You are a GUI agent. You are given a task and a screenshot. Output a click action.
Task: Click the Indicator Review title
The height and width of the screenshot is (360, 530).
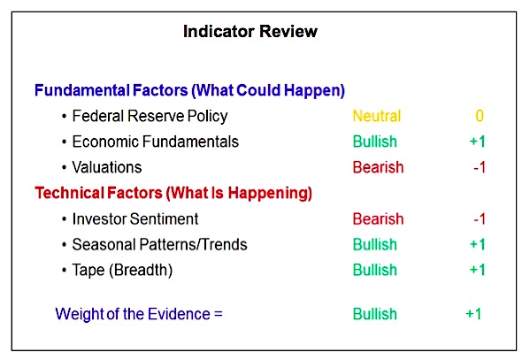pos(250,32)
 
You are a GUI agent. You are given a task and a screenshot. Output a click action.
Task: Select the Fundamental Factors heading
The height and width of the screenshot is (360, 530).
pos(189,90)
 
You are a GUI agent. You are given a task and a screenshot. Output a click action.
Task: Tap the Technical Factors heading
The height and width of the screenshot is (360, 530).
pos(173,193)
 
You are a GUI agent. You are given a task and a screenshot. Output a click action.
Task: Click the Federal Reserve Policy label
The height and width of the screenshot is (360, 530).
pos(150,116)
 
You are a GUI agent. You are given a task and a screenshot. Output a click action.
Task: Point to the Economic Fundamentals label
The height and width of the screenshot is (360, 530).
pos(156,142)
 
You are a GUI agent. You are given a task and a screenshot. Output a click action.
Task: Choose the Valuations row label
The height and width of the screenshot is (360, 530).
pos(107,167)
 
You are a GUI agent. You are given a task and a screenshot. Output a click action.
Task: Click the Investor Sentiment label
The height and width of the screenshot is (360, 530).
pos(135,218)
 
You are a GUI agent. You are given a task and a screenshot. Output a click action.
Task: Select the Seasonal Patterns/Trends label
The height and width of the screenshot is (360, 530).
pos(159,244)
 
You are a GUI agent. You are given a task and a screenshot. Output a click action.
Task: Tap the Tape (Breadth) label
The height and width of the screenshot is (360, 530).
pos(122,270)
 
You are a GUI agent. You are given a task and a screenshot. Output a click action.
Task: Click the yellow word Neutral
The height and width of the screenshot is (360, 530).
pos(377,116)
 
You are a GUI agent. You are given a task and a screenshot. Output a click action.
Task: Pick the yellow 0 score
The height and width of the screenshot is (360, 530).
pos(480,116)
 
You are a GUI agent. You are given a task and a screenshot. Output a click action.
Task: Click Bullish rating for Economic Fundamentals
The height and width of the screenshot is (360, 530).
pos(375,142)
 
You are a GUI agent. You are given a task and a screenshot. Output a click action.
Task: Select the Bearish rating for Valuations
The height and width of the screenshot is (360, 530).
pos(378,167)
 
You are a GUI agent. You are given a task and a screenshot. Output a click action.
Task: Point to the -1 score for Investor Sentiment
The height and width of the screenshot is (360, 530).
pos(480,219)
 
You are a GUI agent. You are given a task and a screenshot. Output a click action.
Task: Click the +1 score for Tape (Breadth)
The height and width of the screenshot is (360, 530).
pos(478,270)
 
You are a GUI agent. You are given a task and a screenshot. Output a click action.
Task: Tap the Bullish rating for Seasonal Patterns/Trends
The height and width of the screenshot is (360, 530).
pos(375,244)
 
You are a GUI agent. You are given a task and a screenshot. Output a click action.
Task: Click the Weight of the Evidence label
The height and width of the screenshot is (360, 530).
pos(139,314)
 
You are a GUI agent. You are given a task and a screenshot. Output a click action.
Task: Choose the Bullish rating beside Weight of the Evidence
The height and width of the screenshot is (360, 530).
pos(375,314)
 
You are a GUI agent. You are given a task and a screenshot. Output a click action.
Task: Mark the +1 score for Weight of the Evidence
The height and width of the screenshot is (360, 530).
pos(473,314)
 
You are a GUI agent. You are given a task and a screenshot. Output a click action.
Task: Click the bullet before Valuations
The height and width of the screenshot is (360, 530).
pos(65,168)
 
